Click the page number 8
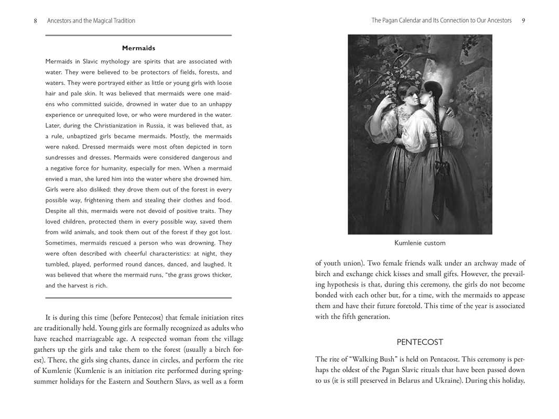[x=35, y=21]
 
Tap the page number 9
[x=523, y=20]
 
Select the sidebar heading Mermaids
[x=138, y=48]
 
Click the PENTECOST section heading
[x=420, y=342]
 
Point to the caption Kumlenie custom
[x=420, y=243]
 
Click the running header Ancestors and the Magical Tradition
[x=91, y=21]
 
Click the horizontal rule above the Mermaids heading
[x=138, y=36]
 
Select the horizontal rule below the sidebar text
[x=138, y=298]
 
